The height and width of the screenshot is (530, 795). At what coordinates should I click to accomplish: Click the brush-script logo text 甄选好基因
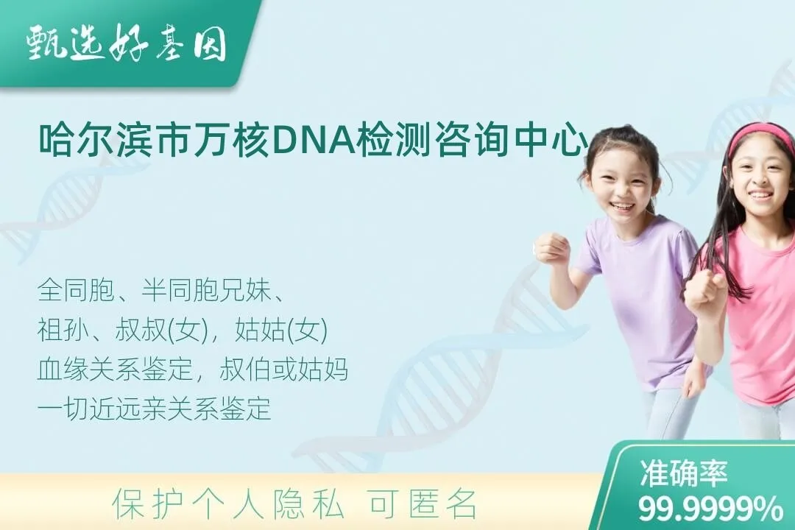[127, 43]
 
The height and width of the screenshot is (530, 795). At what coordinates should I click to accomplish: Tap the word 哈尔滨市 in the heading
[115, 139]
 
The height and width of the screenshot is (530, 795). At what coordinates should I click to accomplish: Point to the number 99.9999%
[710, 509]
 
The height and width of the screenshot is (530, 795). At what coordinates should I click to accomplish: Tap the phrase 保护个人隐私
[227, 504]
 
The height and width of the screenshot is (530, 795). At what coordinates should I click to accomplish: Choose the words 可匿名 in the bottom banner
[423, 504]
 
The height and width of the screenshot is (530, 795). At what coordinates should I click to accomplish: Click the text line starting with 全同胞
[160, 289]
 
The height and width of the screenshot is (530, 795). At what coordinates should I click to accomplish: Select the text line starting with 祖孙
[183, 330]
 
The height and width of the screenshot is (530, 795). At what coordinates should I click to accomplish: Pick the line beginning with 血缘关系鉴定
[193, 370]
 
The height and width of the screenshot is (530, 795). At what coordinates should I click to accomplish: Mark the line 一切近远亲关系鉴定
[154, 409]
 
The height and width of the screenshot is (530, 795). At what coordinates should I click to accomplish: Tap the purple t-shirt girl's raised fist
[552, 249]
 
